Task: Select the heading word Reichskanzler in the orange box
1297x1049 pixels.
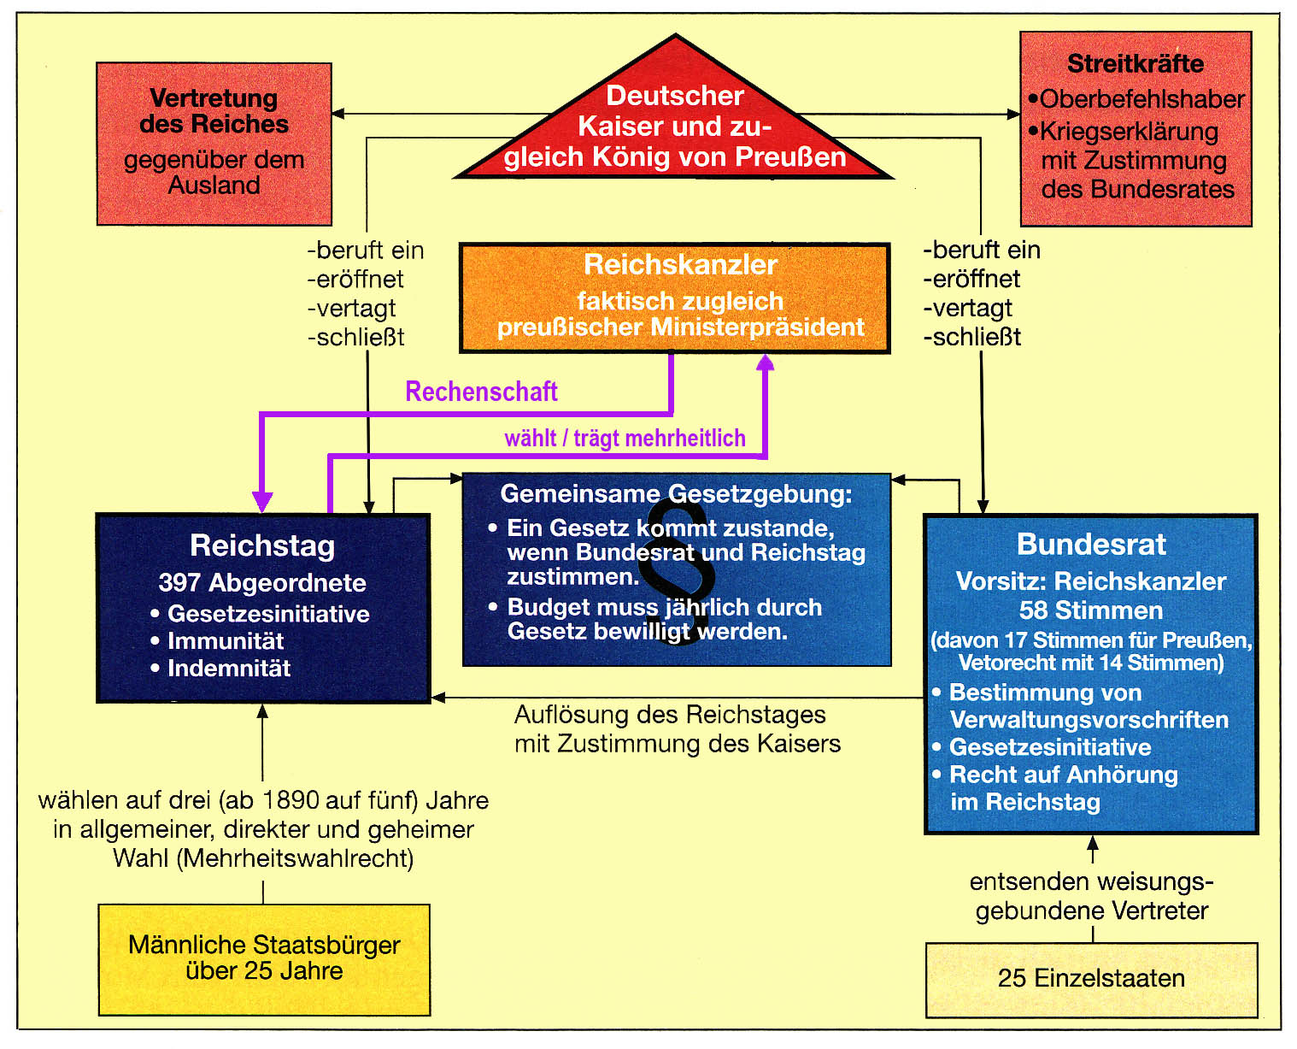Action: (680, 264)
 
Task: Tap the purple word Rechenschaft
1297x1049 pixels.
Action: (481, 391)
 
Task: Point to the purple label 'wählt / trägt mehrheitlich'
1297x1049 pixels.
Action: (625, 438)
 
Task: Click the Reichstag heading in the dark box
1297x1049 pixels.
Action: (262, 545)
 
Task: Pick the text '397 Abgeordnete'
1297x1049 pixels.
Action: (262, 583)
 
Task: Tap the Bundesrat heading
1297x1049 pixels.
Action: (1091, 544)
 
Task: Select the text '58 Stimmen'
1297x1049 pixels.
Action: (1091, 610)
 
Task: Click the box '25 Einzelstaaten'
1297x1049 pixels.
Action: (1091, 978)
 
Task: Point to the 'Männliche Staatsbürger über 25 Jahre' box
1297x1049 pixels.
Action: (264, 959)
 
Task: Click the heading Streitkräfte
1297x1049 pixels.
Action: (1136, 63)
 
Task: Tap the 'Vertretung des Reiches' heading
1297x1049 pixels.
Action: (214, 111)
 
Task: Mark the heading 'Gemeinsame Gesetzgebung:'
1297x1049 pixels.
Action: (676, 493)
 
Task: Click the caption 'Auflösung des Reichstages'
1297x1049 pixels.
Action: (670, 714)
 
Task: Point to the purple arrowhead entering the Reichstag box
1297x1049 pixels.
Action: (262, 502)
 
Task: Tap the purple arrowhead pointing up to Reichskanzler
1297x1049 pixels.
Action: (765, 362)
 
